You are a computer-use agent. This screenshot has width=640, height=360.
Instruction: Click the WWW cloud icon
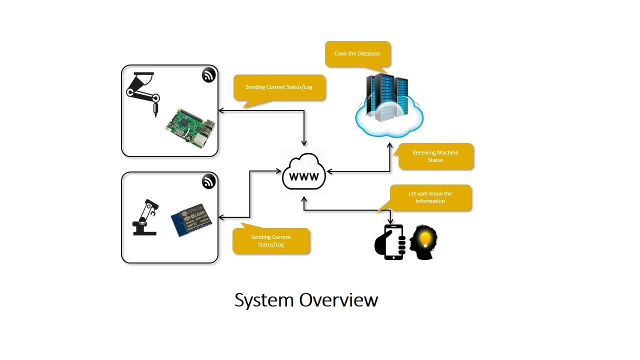(x=304, y=172)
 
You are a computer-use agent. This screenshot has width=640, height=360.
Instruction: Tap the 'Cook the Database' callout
(x=357, y=54)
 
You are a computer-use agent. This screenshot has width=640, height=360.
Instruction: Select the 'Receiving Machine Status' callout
(x=435, y=156)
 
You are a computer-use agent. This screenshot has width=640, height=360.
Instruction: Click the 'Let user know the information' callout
(x=430, y=197)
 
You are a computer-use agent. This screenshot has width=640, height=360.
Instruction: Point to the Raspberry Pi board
(x=190, y=127)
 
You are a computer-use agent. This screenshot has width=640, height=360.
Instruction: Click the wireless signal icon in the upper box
(x=208, y=75)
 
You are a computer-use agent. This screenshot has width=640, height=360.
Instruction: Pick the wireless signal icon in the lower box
(x=208, y=182)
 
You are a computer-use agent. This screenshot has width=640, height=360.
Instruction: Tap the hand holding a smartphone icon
(x=390, y=242)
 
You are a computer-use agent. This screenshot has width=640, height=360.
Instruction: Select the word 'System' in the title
(x=263, y=300)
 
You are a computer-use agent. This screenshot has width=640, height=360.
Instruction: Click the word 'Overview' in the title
(x=338, y=300)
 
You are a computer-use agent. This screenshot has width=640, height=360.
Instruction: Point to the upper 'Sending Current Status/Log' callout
(x=279, y=87)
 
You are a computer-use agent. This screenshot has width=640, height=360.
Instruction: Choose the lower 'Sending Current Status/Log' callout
(x=271, y=240)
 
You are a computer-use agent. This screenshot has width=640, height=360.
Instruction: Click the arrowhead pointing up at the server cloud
(x=389, y=145)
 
